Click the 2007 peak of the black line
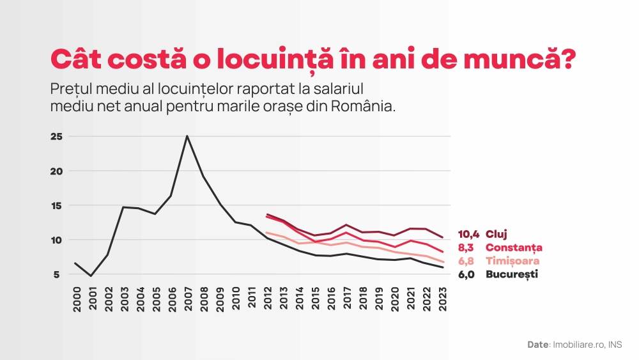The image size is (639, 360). click(x=187, y=136)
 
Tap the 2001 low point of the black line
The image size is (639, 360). click(x=92, y=276)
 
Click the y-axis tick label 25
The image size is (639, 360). click(x=56, y=136)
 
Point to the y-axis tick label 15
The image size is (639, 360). click(x=56, y=205)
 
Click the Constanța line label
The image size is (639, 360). click(x=514, y=247)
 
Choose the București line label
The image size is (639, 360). click(x=512, y=274)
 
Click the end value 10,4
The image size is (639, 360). click(x=468, y=234)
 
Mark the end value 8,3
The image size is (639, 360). click(x=470, y=247)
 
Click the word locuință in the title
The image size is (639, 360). click(x=272, y=59)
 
